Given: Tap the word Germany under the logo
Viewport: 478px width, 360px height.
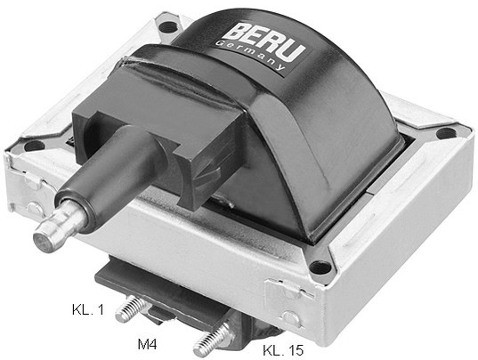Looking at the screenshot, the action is pos(251,56).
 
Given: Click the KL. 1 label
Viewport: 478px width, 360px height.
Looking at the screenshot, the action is pos(88,310).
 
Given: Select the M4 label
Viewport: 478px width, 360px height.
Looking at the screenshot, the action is pos(147,344).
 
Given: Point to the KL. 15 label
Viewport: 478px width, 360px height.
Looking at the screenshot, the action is pos(283,350).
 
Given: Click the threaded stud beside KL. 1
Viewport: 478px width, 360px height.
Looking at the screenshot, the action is pos(131,309).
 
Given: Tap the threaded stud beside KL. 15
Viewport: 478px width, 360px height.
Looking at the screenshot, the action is pos(212,340).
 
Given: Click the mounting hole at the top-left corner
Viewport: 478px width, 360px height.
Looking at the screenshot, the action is pos(169,27).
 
